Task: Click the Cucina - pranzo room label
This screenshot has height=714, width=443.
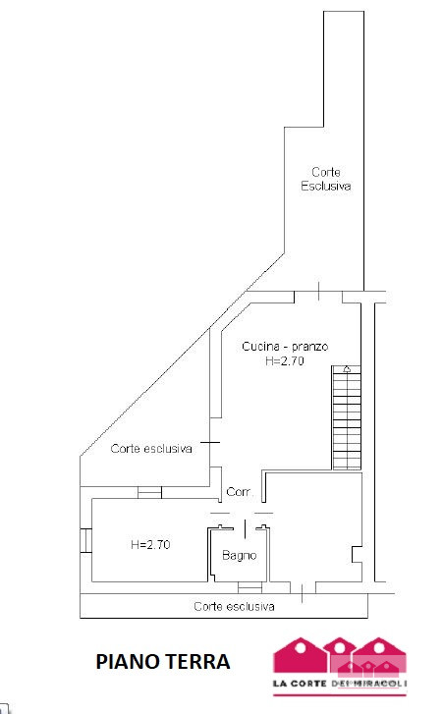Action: tap(285, 347)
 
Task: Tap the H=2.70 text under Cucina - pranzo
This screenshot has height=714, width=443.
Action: tap(285, 361)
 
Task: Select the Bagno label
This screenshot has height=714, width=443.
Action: tap(240, 556)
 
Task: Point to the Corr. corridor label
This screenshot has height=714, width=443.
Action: tap(240, 492)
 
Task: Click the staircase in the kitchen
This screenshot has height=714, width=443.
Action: tap(347, 417)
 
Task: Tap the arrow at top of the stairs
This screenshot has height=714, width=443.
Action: tap(347, 369)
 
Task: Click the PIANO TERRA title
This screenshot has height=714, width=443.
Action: tap(163, 662)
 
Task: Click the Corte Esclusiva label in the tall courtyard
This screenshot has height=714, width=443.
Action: tap(326, 179)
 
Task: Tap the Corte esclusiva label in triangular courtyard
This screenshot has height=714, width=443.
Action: tap(151, 449)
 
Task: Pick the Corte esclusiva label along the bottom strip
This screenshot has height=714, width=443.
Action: tap(234, 607)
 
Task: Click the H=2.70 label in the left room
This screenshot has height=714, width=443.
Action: tap(150, 545)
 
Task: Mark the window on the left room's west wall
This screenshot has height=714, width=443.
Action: tap(86, 540)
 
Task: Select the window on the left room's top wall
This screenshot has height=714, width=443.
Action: tap(149, 493)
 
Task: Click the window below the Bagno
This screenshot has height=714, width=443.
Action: tap(249, 587)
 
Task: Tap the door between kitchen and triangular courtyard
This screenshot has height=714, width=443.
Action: tap(210, 442)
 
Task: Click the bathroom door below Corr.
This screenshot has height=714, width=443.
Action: tap(245, 528)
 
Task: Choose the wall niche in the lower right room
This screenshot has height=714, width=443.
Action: tap(357, 554)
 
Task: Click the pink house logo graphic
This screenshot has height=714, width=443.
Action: tap(340, 656)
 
